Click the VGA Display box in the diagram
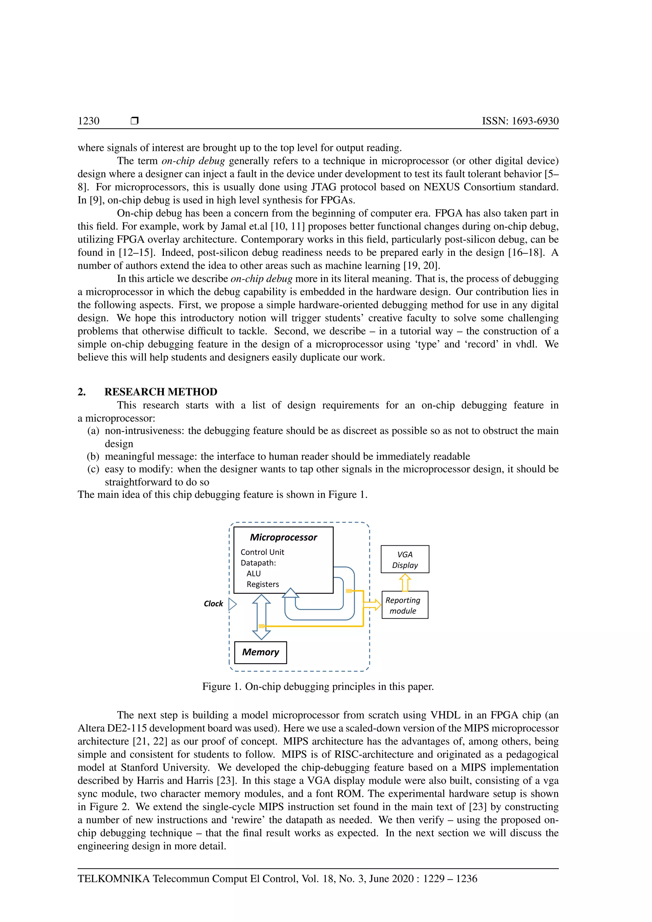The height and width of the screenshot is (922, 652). click(x=405, y=559)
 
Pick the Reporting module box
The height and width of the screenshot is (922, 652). click(x=405, y=605)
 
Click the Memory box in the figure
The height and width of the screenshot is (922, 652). click(x=260, y=652)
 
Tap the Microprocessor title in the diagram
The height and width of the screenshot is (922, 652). click(x=283, y=537)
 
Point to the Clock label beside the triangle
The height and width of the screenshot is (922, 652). click(x=213, y=604)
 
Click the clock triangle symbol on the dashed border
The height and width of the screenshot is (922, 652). click(x=232, y=604)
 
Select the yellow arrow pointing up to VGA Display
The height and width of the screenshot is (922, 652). click(x=405, y=582)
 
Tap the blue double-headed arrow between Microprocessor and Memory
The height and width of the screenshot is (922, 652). click(x=261, y=617)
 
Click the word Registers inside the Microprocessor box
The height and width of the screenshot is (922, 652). click(x=263, y=584)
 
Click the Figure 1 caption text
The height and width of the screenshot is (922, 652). click(x=318, y=686)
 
